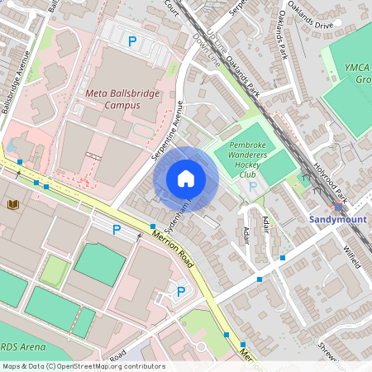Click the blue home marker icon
click(x=186, y=179)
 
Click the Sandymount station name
click(x=336, y=220)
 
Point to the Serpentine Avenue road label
click(x=167, y=133)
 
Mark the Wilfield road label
click(x=351, y=254)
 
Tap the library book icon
click(x=12, y=203)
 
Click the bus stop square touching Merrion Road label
click(x=153, y=226)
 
